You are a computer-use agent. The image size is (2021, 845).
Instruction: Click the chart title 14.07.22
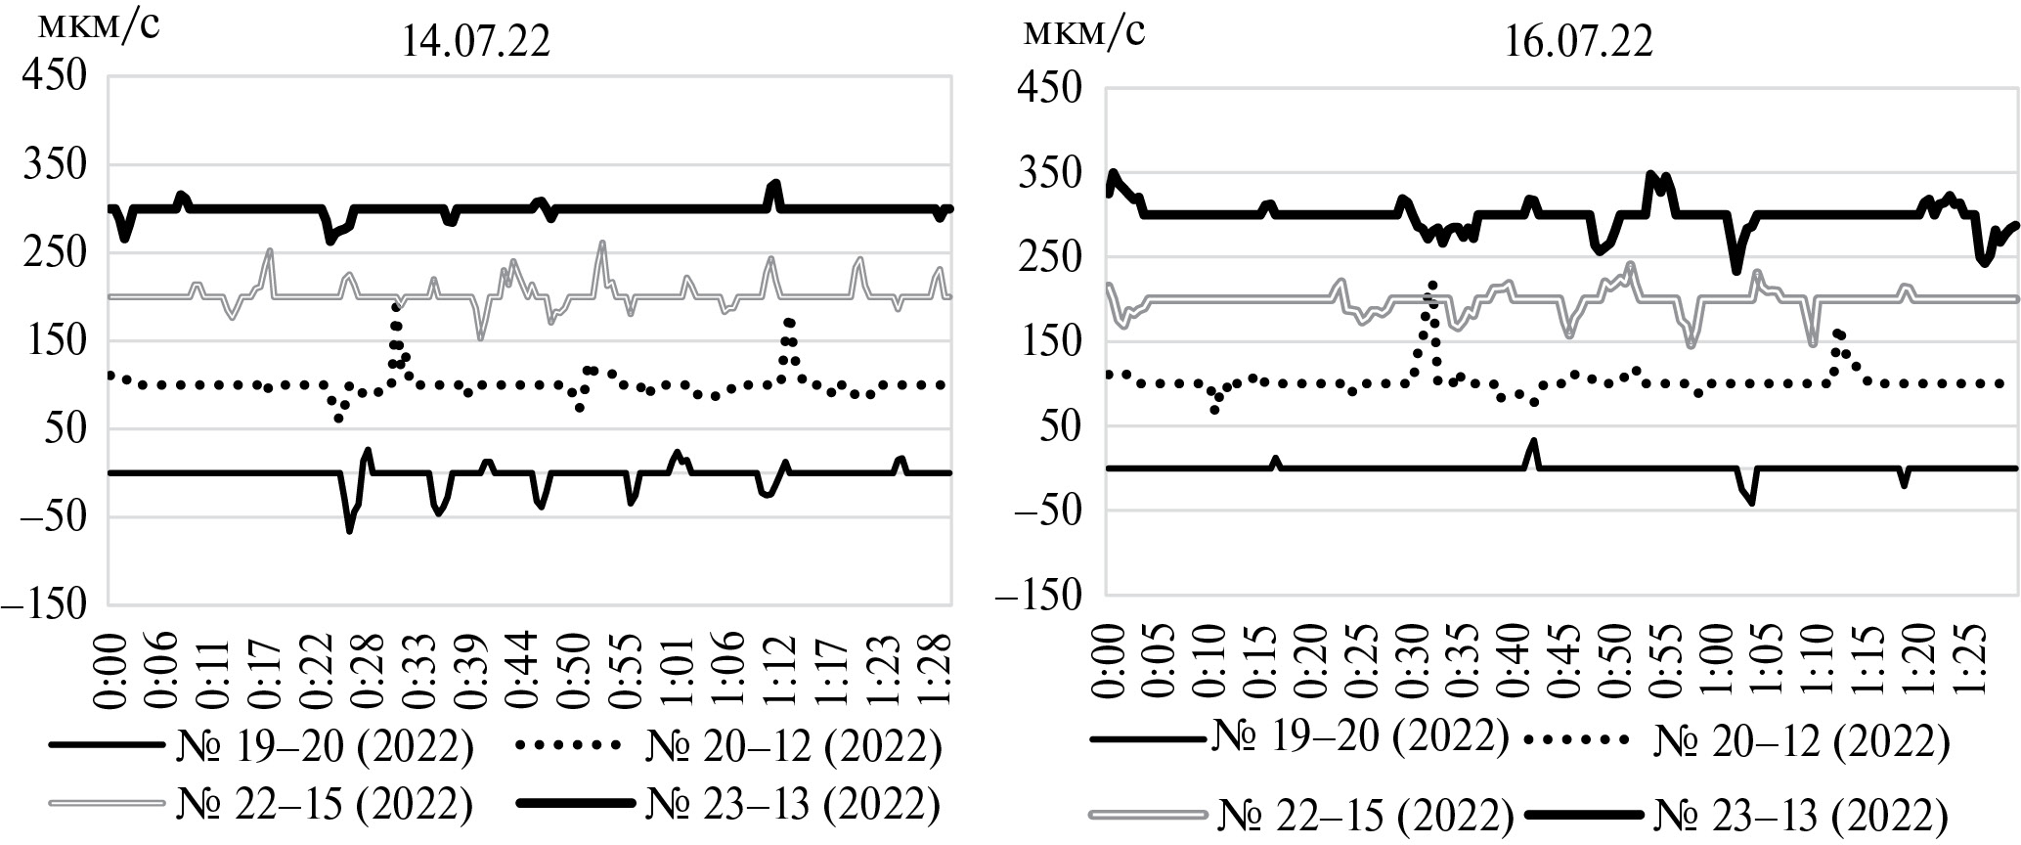tap(476, 43)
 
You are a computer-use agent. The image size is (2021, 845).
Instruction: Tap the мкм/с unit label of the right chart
tap(1082, 31)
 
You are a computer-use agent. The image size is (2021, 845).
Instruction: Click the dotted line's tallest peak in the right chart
tap(1432, 285)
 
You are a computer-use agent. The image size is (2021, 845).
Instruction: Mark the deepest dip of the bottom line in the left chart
tap(349, 530)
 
